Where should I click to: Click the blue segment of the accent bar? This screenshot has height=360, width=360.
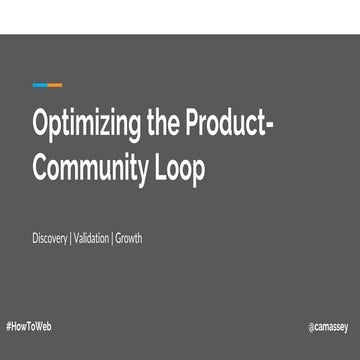pyautogui.click(x=39, y=85)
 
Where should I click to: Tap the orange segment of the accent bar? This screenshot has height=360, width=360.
pyautogui.click(x=54, y=85)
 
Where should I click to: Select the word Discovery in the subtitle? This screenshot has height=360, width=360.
pyautogui.click(x=49, y=240)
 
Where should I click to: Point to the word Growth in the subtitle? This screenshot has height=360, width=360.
pyautogui.click(x=129, y=239)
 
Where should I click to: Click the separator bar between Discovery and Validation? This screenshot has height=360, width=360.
pyautogui.click(x=70, y=239)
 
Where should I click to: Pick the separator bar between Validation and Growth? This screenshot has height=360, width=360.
pyautogui.click(x=112, y=239)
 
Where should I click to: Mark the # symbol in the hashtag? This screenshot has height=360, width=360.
pyautogui.click(x=8, y=327)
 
